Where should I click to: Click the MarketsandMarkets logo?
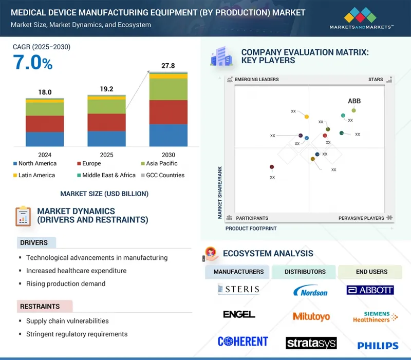pyautogui.click(x=361, y=18)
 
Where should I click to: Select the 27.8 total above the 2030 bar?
pyautogui.click(x=168, y=66)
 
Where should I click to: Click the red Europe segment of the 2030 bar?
pyautogui.click(x=168, y=112)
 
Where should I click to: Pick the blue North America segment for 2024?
pyautogui.click(x=45, y=139)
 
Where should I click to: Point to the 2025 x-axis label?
pyautogui.click(x=106, y=155)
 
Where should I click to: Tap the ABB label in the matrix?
pyautogui.click(x=354, y=101)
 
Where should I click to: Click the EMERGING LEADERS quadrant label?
pyautogui.click(x=256, y=80)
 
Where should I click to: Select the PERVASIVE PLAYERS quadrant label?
pyautogui.click(x=361, y=218)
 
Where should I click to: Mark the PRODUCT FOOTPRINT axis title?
pyautogui.click(x=251, y=229)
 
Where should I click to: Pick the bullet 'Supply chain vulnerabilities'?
pyautogui.click(x=67, y=321)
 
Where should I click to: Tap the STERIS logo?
pyautogui.click(x=238, y=289)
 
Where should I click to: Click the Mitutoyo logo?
pyautogui.click(x=311, y=316)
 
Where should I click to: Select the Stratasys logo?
pyautogui.click(x=311, y=343)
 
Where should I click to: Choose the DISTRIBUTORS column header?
pyautogui.click(x=305, y=272)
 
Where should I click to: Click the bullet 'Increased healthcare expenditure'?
pyautogui.click(x=76, y=271)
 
